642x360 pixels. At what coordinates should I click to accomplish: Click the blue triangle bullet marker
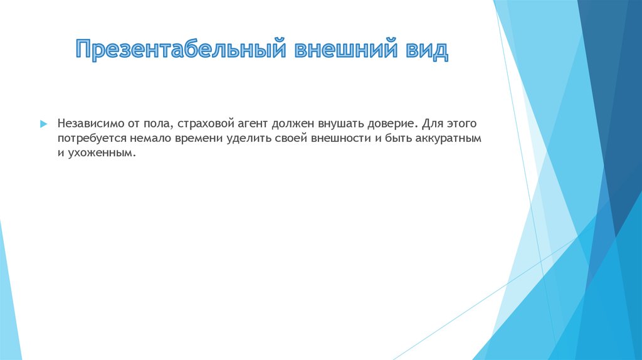pos(43,124)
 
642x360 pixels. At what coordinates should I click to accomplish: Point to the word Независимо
pos(88,124)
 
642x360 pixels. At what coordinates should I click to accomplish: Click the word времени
pos(193,138)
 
